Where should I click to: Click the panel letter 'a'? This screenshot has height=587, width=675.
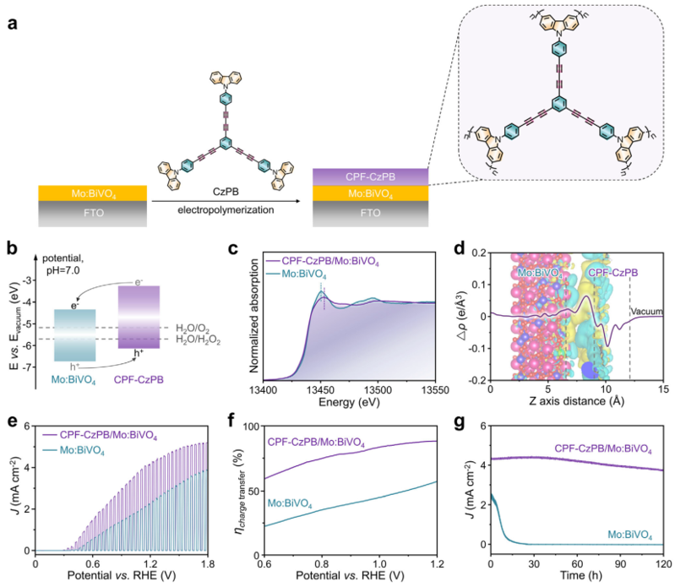(13, 24)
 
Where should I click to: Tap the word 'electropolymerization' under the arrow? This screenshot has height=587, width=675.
(226, 210)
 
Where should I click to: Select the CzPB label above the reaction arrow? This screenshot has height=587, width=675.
(226, 192)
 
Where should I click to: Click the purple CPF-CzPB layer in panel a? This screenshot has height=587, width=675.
(370, 177)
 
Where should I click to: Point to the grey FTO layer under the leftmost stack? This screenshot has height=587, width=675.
(93, 214)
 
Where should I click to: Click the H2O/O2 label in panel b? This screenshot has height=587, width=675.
(193, 329)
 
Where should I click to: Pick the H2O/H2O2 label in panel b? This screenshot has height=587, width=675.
(198, 340)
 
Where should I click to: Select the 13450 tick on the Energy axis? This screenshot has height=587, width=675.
(321, 390)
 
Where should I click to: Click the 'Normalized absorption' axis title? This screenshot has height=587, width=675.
(254, 315)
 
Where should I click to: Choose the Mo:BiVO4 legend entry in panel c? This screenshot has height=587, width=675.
(297, 274)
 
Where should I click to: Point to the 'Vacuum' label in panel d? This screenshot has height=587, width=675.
(647, 311)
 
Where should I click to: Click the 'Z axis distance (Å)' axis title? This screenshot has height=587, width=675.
(577, 401)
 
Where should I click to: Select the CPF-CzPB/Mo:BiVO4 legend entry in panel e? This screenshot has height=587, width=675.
(100, 436)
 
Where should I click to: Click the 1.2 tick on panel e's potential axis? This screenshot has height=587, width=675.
(150, 563)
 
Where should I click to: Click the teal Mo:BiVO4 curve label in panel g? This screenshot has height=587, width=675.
(629, 535)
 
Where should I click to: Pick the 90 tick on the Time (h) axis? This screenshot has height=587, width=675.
(620, 563)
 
